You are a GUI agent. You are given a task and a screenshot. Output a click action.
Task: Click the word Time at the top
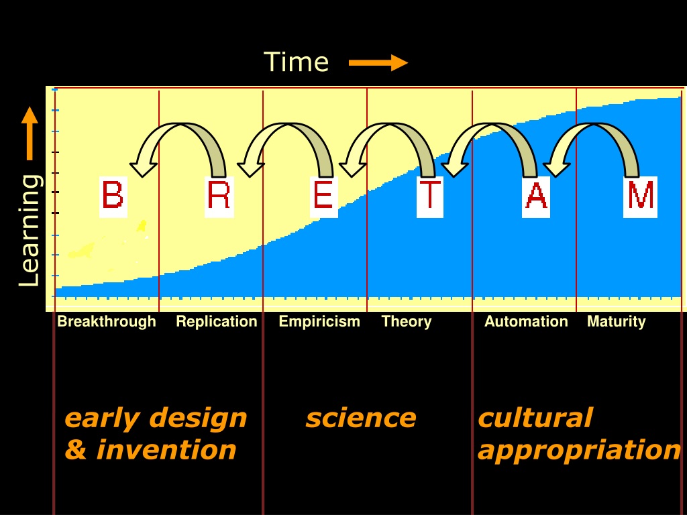[x=296, y=62]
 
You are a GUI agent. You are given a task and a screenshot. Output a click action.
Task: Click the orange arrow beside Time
[x=378, y=62]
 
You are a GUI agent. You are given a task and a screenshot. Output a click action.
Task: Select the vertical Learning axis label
[x=30, y=231]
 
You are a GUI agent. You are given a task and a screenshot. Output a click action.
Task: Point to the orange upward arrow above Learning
[x=30, y=133]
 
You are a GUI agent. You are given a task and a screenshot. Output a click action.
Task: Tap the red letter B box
[x=113, y=196]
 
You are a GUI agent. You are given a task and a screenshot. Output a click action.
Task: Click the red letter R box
[x=219, y=196]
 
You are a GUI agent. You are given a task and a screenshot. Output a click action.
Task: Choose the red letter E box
[x=324, y=196]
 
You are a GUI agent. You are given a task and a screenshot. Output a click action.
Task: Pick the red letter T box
[x=430, y=196]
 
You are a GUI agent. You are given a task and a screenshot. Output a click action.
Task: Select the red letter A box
[x=536, y=196]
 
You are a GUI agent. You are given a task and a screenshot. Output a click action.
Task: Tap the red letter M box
[x=640, y=196]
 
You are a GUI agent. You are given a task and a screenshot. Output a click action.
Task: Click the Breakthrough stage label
[x=107, y=321]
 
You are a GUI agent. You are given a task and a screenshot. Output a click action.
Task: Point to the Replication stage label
[x=217, y=322]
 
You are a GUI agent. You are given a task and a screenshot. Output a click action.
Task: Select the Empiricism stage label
[x=319, y=322]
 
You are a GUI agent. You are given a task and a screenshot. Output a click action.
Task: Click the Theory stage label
[x=407, y=322]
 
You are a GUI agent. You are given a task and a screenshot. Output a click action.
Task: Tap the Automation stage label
[x=526, y=321]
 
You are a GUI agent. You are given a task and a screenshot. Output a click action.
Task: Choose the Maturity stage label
[x=617, y=322]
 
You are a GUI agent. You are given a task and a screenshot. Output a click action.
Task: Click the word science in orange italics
[x=361, y=418]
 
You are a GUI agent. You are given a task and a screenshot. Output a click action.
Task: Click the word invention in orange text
[x=166, y=450]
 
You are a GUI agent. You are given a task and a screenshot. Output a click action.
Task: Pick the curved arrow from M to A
[x=594, y=127]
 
